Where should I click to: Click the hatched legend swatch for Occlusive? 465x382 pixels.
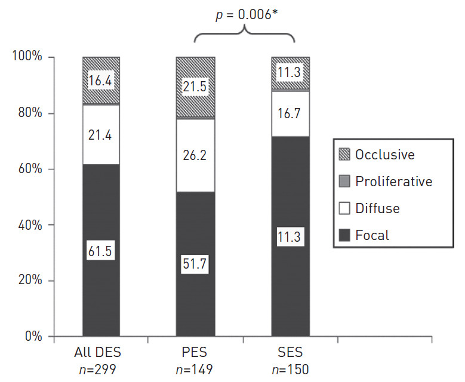click(346, 155)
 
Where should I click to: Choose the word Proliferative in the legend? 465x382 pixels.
click(393, 181)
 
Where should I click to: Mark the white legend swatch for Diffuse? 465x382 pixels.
click(346, 209)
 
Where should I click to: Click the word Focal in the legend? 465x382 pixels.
click(372, 236)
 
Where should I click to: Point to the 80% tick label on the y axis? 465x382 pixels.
click(27, 113)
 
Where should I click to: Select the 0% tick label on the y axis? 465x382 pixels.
click(31, 337)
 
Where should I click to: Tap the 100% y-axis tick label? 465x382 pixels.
click(26, 57)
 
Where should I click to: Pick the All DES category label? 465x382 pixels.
click(101, 353)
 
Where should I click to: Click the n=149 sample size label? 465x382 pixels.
click(195, 370)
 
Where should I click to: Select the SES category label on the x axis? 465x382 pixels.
click(290, 353)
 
